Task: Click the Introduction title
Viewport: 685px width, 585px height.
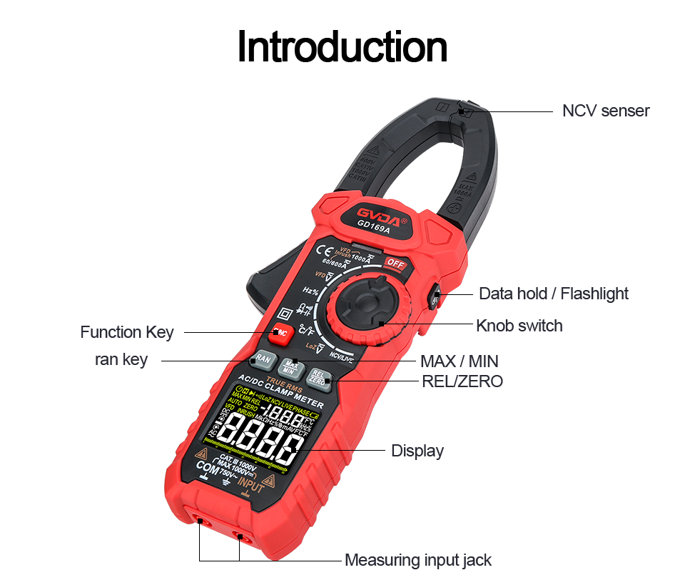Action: tap(342, 46)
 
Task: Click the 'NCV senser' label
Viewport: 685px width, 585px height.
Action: tap(605, 111)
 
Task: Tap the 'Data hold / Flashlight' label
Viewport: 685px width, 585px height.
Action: tap(553, 294)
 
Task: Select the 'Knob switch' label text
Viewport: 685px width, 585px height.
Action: tap(519, 326)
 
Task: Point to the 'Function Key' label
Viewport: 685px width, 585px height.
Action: tap(126, 332)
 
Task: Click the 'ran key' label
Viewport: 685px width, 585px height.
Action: tap(121, 359)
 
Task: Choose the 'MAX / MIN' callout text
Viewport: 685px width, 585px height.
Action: tap(459, 361)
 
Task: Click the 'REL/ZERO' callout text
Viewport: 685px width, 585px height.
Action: tap(462, 381)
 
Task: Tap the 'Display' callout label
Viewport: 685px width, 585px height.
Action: tap(417, 451)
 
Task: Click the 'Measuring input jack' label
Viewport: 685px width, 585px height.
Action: tap(417, 560)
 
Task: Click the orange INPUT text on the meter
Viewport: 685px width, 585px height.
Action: tap(251, 487)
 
